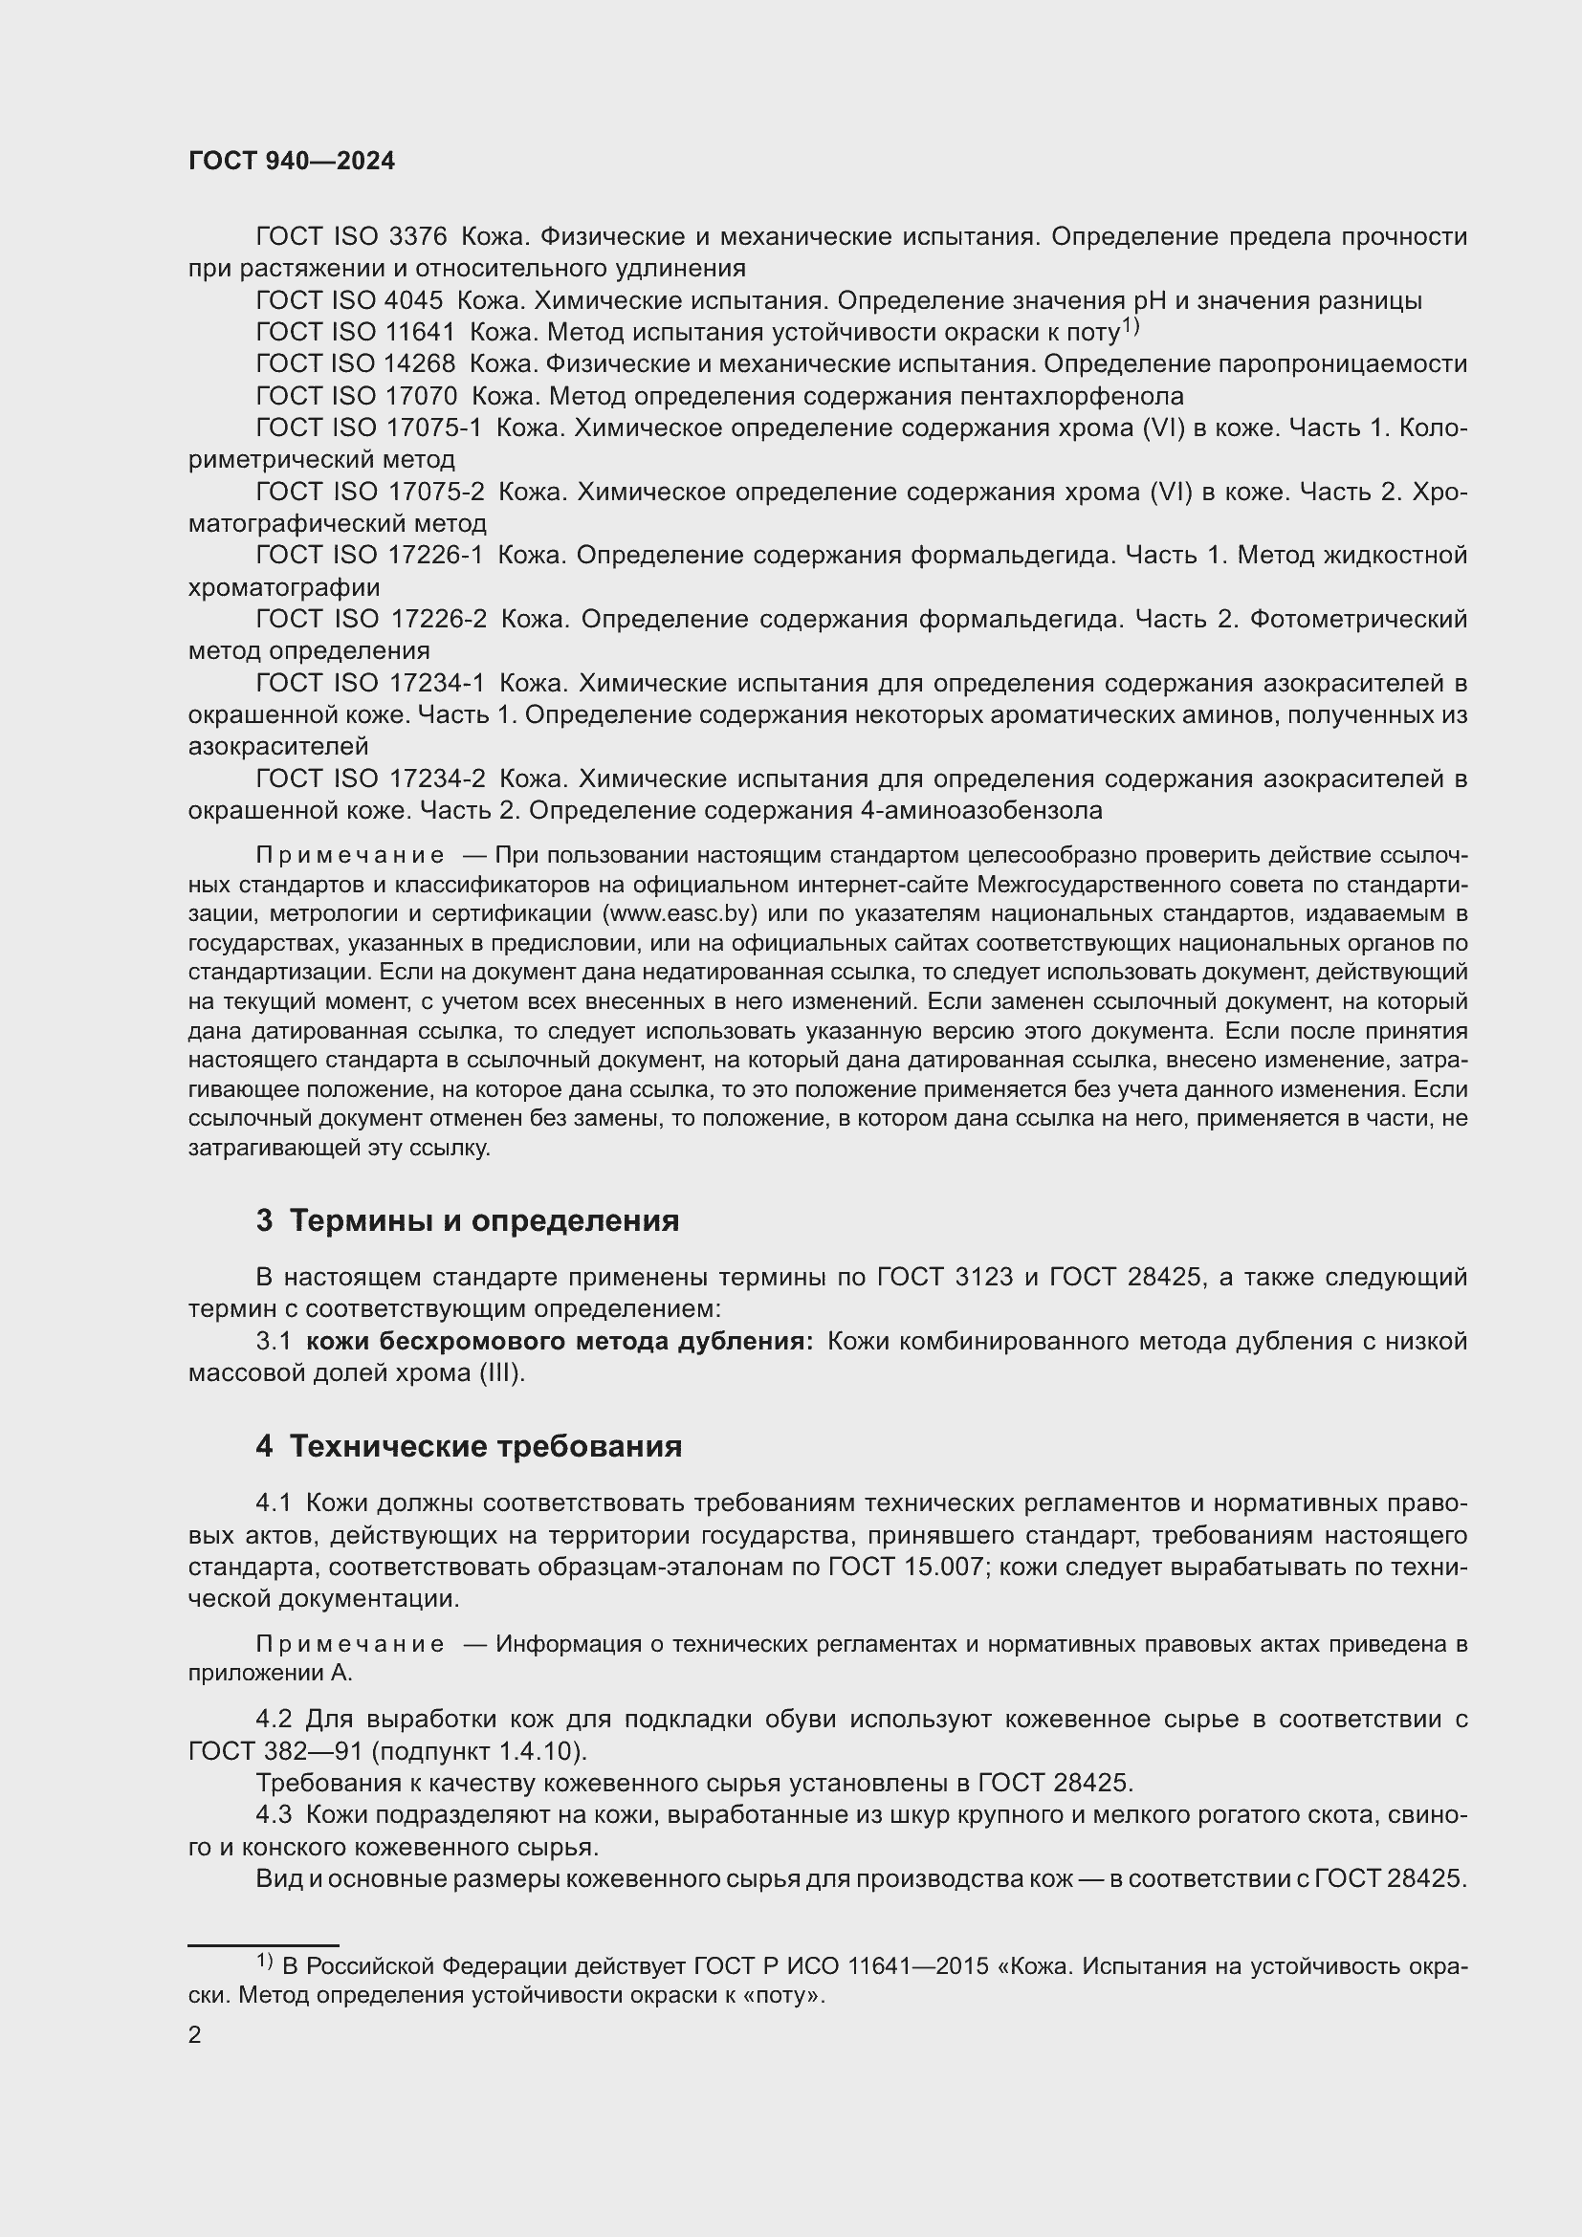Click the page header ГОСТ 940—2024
293,162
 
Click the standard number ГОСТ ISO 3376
351,237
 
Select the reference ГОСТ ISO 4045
349,301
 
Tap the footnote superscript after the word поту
1130,326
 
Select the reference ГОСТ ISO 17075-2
370,492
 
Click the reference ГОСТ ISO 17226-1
370,556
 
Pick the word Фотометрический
1358,620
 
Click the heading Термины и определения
484,1220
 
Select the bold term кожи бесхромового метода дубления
560,1342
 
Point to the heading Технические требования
485,1447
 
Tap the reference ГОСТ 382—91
275,1751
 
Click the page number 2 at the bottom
195,2035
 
